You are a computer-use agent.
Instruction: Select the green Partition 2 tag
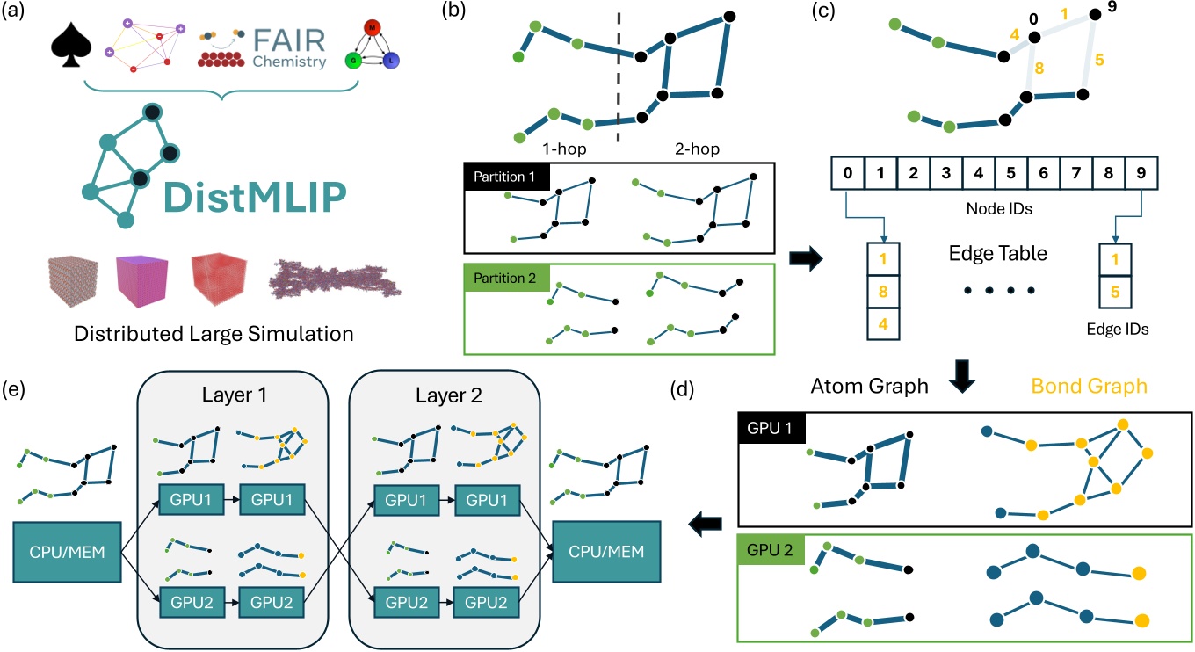point(506,279)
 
